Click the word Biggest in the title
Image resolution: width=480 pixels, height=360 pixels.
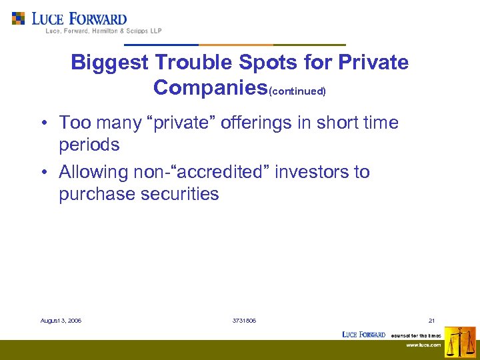(x=110, y=63)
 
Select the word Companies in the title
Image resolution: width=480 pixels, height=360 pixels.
(x=210, y=87)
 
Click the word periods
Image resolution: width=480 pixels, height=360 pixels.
(x=89, y=145)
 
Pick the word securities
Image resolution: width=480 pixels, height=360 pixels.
(x=179, y=194)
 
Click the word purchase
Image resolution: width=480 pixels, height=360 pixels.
(x=97, y=194)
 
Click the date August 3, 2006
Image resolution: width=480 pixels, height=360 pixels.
(x=61, y=321)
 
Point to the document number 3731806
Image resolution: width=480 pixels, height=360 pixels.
(x=244, y=321)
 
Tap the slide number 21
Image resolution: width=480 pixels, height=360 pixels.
(x=432, y=321)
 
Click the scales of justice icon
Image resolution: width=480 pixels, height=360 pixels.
(x=460, y=342)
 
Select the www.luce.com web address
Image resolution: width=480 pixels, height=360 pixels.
(x=423, y=345)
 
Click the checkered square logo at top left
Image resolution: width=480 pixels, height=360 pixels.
(x=19, y=19)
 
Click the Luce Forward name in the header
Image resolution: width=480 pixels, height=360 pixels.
(x=79, y=19)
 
